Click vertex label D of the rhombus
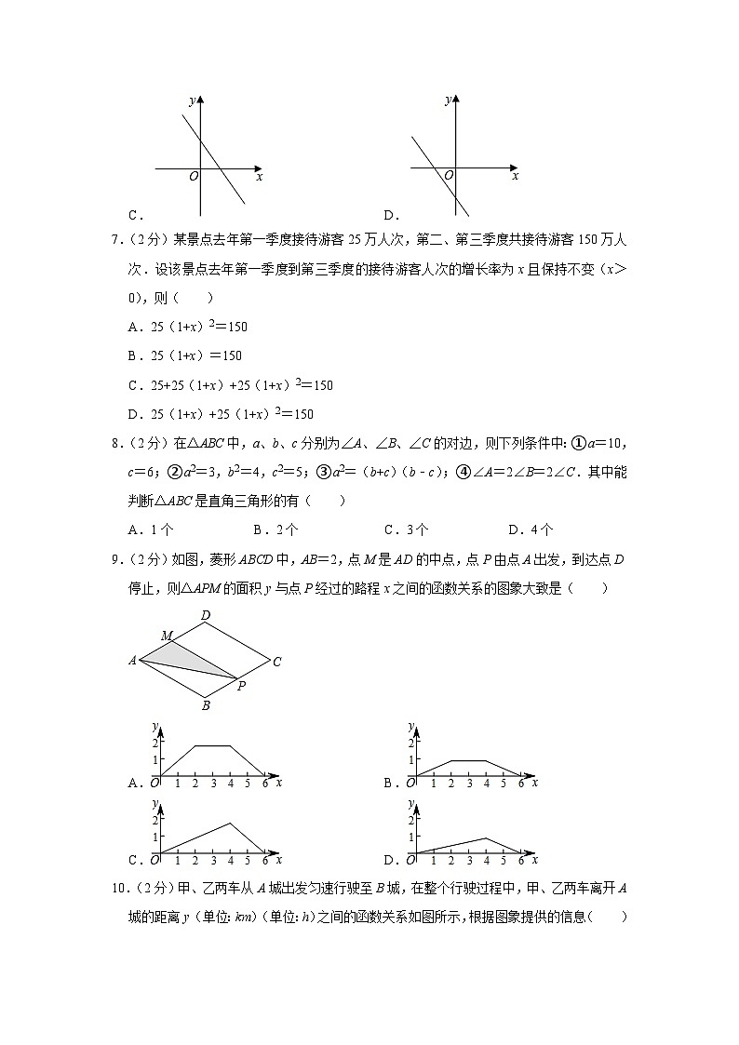click(205, 614)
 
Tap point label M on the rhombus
click(167, 636)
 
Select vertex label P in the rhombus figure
click(241, 687)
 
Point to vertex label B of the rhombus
click(206, 705)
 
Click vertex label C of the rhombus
click(276, 663)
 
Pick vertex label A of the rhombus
click(132, 661)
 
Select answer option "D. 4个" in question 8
click(530, 529)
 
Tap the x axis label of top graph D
click(515, 176)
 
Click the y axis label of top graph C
click(191, 100)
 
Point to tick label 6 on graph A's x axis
click(264, 784)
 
